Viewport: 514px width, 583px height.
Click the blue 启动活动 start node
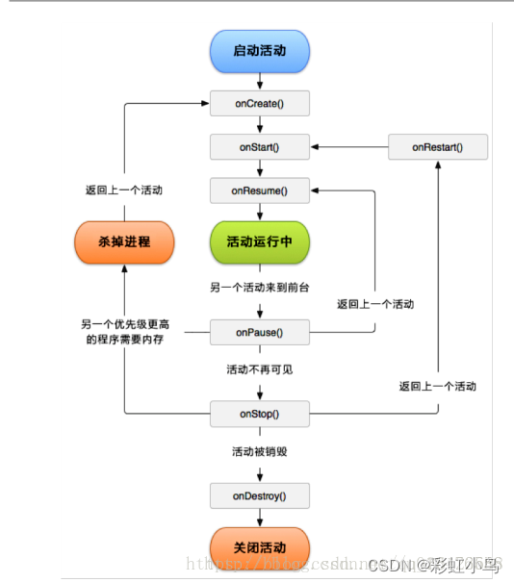259,51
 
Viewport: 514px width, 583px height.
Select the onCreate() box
259,101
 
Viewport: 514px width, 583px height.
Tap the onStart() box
259,147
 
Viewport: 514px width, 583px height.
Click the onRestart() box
437,147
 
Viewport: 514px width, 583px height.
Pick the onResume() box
259,190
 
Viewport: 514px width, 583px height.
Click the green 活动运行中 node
259,241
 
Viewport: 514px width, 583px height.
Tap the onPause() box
259,333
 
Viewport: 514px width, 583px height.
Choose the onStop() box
259,414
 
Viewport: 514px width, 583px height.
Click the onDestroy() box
259,496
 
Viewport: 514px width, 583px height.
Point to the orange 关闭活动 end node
259,546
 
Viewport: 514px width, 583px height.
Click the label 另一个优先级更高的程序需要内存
122,332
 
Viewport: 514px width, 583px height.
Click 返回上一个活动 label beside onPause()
375,304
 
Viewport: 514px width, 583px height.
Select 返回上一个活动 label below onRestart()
437,386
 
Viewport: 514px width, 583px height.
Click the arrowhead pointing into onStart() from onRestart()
315,147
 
